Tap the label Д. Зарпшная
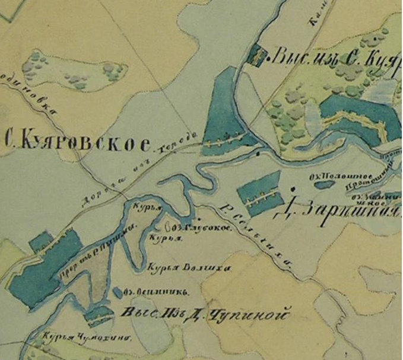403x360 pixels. tap(341, 212)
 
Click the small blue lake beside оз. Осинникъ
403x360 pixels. tap(117, 292)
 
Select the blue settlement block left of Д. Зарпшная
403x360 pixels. tap(258, 193)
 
